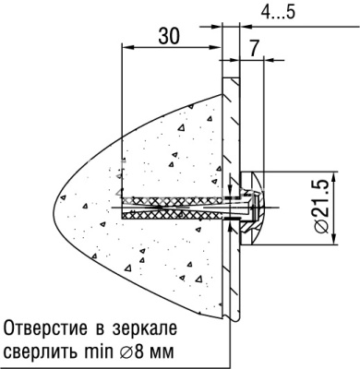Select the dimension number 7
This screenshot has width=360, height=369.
253,43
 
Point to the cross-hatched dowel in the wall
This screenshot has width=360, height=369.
171,206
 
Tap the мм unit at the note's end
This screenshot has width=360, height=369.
162,351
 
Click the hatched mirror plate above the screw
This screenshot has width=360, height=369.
232,129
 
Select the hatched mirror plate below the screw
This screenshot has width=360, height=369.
232,277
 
